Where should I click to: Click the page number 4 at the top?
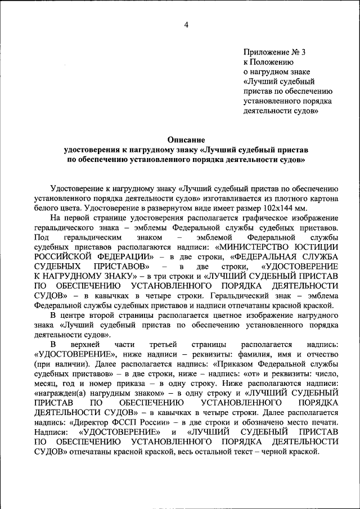click(x=186, y=25)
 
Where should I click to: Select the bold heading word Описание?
click(x=186, y=139)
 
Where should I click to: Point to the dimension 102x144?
click(x=293, y=208)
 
